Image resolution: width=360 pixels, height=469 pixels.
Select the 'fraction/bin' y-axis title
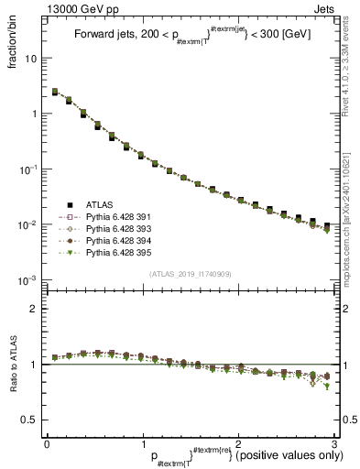(20, 41)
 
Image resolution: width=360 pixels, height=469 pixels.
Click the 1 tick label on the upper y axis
(34, 114)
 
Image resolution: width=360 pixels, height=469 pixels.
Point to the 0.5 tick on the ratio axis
(30, 420)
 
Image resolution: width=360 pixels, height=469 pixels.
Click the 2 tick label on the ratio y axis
(34, 309)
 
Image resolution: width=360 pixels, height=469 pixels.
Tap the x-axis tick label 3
(336, 443)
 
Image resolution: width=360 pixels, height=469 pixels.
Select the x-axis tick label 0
(46, 443)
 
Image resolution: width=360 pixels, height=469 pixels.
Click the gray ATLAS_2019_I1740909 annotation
(191, 274)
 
